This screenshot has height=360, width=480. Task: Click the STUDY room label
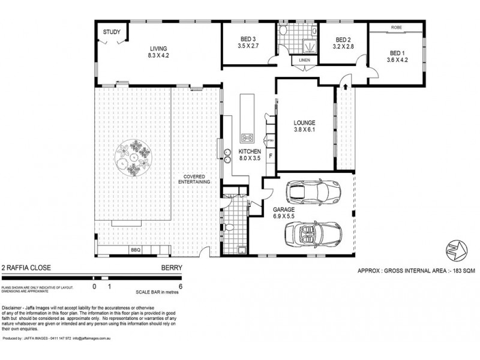click(110, 32)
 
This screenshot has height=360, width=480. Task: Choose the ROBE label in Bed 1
click(396, 28)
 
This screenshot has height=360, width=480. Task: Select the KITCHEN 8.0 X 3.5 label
click(249, 155)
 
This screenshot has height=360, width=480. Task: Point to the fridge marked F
click(271, 157)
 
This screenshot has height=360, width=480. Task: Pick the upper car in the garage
click(313, 192)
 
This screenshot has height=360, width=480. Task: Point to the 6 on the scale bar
click(180, 287)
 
